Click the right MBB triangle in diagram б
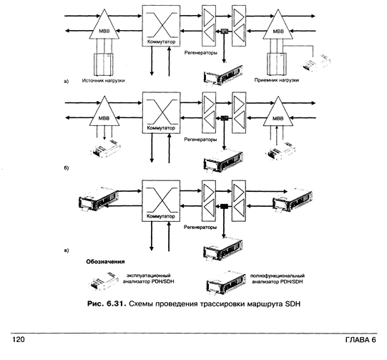(x=278, y=112)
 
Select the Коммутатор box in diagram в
(x=161, y=200)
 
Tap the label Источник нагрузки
(x=104, y=80)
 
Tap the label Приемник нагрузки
(x=277, y=80)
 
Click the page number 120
(x=19, y=339)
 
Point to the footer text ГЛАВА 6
(x=361, y=340)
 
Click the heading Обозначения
(x=105, y=261)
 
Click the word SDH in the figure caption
(x=293, y=303)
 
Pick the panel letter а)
(x=66, y=82)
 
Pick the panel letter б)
(x=66, y=168)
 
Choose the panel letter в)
(x=66, y=250)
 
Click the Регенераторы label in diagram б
(x=200, y=140)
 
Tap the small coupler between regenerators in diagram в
(x=224, y=206)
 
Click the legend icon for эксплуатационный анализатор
(x=104, y=281)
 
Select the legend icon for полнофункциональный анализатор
(x=226, y=282)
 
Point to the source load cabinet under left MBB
(x=103, y=64)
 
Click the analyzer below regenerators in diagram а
(x=223, y=75)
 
